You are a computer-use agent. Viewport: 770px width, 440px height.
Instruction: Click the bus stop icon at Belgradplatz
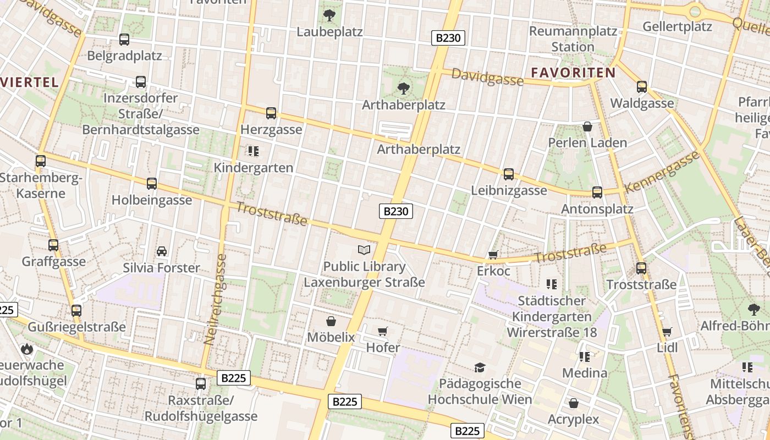coord(124,40)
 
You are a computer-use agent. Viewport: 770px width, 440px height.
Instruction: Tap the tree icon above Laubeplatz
coord(329,15)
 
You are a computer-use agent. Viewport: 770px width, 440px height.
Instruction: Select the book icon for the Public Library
coord(364,250)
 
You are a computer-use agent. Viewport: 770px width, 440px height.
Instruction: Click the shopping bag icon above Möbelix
coord(331,321)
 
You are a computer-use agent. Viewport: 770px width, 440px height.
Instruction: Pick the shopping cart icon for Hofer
coord(383,331)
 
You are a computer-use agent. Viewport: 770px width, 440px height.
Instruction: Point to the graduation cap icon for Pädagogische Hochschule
coord(480,367)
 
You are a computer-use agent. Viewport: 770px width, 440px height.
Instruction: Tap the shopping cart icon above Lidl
coord(667,332)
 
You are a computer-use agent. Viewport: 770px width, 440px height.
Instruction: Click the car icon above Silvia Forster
coord(162,251)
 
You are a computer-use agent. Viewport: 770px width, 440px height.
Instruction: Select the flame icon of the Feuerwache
coord(26,349)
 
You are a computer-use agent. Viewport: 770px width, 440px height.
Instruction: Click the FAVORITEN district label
coord(573,72)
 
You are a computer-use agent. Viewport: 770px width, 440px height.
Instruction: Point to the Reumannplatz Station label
coord(573,38)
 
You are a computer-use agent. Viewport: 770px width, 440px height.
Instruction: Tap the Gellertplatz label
coord(677,26)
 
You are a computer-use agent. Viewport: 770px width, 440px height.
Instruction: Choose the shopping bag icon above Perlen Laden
coord(587,127)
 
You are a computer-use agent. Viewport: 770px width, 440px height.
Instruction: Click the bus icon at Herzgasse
coord(271,113)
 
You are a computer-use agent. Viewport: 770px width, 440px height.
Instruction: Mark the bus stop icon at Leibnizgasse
coord(509,174)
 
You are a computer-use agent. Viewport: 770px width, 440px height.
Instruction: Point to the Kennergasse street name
coord(662,171)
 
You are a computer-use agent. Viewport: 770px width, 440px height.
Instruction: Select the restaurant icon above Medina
coord(584,357)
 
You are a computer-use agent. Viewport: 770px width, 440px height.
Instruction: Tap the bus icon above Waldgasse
coord(642,86)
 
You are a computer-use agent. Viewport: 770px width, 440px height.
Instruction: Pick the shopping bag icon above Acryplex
coord(574,403)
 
